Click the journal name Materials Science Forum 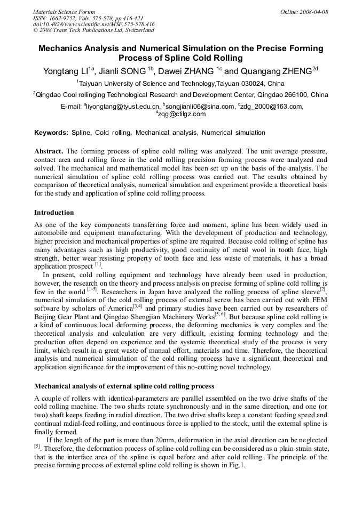tap(64, 12)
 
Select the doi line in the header tap(93, 24)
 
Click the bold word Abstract tap(49, 151)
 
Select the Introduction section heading tap(54, 213)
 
